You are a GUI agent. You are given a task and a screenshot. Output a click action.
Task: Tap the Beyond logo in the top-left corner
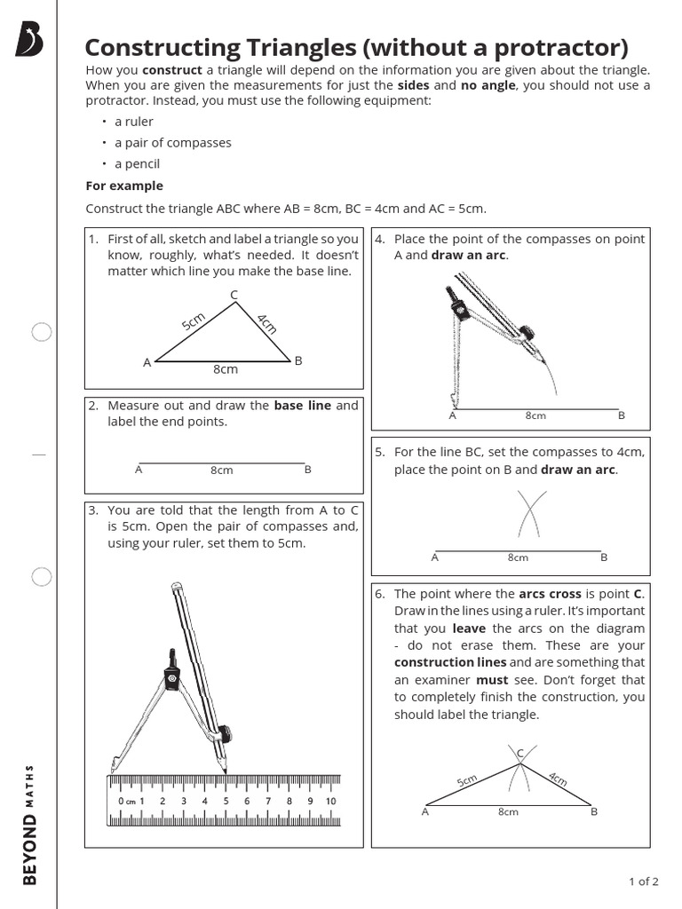[x=28, y=40]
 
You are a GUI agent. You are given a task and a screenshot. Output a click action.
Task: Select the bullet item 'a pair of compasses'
[x=172, y=143]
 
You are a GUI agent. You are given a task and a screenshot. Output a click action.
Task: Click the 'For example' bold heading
[x=124, y=186]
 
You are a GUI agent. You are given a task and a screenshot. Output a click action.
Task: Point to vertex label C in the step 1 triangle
[x=234, y=294]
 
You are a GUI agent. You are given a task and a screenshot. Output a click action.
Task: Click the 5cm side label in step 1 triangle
[x=194, y=321]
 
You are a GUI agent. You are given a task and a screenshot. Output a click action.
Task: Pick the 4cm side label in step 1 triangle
[x=267, y=323]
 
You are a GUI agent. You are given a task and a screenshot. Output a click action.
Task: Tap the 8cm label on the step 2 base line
[x=221, y=470]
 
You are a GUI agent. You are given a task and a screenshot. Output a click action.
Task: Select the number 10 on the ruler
[x=330, y=801]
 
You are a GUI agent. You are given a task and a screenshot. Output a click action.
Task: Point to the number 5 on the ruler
[x=226, y=801]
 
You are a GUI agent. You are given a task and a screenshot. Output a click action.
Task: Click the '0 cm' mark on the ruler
[x=125, y=801]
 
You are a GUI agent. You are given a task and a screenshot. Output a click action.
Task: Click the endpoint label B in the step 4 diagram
[x=622, y=415]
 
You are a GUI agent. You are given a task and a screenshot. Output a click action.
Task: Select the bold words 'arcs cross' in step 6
[x=551, y=594]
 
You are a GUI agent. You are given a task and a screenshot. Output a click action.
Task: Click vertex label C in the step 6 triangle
[x=520, y=754]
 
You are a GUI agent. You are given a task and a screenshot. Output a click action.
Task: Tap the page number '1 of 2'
[x=643, y=881]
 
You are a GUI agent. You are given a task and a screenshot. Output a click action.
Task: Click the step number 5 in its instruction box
[x=379, y=452]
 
